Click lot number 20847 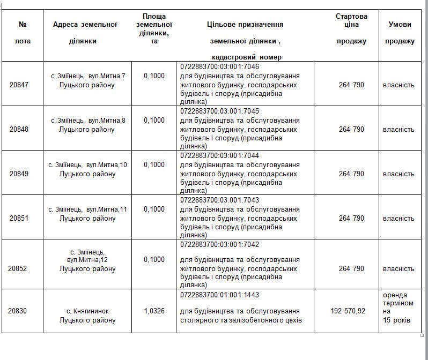click(21, 85)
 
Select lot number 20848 click(21, 129)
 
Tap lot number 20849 click(21, 174)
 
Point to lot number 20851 click(21, 218)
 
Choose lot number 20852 click(21, 268)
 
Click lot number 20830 click(21, 311)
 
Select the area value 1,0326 click(154, 311)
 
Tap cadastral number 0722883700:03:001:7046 click(220, 66)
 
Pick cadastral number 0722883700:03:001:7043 click(220, 200)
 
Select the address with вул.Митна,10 click(87, 165)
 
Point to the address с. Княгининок click(87, 311)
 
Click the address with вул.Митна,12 click(87, 260)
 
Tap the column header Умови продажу click(400, 33)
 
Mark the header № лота click(22, 33)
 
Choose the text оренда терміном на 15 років click(399, 307)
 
